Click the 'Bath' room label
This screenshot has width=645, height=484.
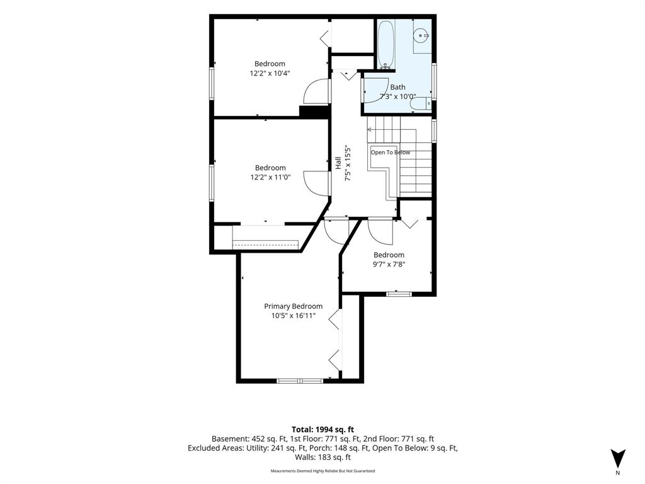pos(397,87)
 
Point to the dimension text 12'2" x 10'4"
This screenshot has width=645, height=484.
pos(270,73)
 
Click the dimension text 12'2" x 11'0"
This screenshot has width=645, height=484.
pos(270,177)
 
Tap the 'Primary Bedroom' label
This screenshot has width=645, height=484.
pos(294,306)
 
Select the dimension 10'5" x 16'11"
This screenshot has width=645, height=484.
pos(294,316)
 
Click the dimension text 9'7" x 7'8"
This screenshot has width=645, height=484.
pos(389,264)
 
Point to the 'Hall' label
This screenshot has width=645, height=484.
pos(338,163)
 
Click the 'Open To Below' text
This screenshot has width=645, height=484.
pos(391,153)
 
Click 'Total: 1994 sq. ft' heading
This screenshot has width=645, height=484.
pos(322,430)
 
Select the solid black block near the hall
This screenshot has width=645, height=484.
pos(315,112)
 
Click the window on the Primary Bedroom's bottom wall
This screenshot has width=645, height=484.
pos(300,381)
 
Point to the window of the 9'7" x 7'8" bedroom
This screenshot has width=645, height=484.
pos(399,294)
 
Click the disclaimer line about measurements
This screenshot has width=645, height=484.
pos(322,471)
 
